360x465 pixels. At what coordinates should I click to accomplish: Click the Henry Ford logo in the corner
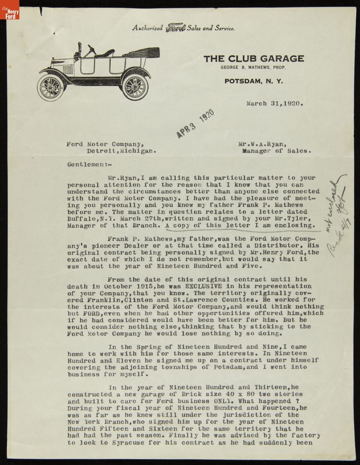coord(10,10)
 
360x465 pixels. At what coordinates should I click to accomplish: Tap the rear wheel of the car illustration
coord(135,86)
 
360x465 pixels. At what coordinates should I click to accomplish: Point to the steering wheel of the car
coord(92,50)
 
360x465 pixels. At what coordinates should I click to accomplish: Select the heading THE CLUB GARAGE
coord(254,59)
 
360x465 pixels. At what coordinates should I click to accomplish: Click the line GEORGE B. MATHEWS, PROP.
coord(253,68)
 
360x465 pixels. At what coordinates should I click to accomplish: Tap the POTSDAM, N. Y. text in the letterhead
coord(254,81)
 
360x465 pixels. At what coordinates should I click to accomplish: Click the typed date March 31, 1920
coord(274,103)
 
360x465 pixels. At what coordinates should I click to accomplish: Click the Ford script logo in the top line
coord(176,28)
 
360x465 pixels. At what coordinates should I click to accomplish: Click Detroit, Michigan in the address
coord(122,151)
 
